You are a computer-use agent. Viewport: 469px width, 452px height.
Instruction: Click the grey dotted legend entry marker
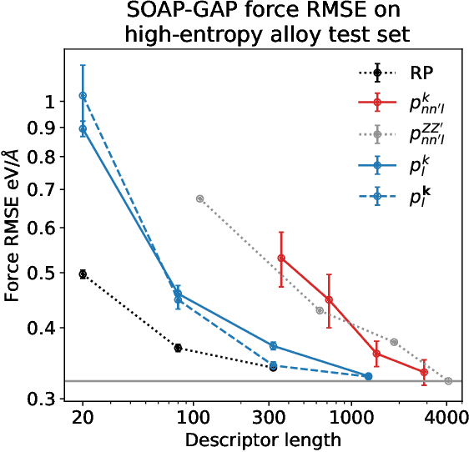[x=377, y=134]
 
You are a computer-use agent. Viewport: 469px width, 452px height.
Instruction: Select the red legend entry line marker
[x=377, y=103]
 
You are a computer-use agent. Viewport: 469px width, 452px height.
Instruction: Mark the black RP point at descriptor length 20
[x=83, y=274]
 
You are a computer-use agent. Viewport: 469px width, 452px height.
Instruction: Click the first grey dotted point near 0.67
[x=199, y=198]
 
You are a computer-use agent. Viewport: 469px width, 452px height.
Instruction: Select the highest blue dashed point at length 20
[x=83, y=96]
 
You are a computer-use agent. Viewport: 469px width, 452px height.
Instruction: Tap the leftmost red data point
[x=281, y=259]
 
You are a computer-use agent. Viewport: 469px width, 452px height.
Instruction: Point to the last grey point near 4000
[x=449, y=381]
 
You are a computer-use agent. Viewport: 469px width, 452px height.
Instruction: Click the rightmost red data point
[x=424, y=372]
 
